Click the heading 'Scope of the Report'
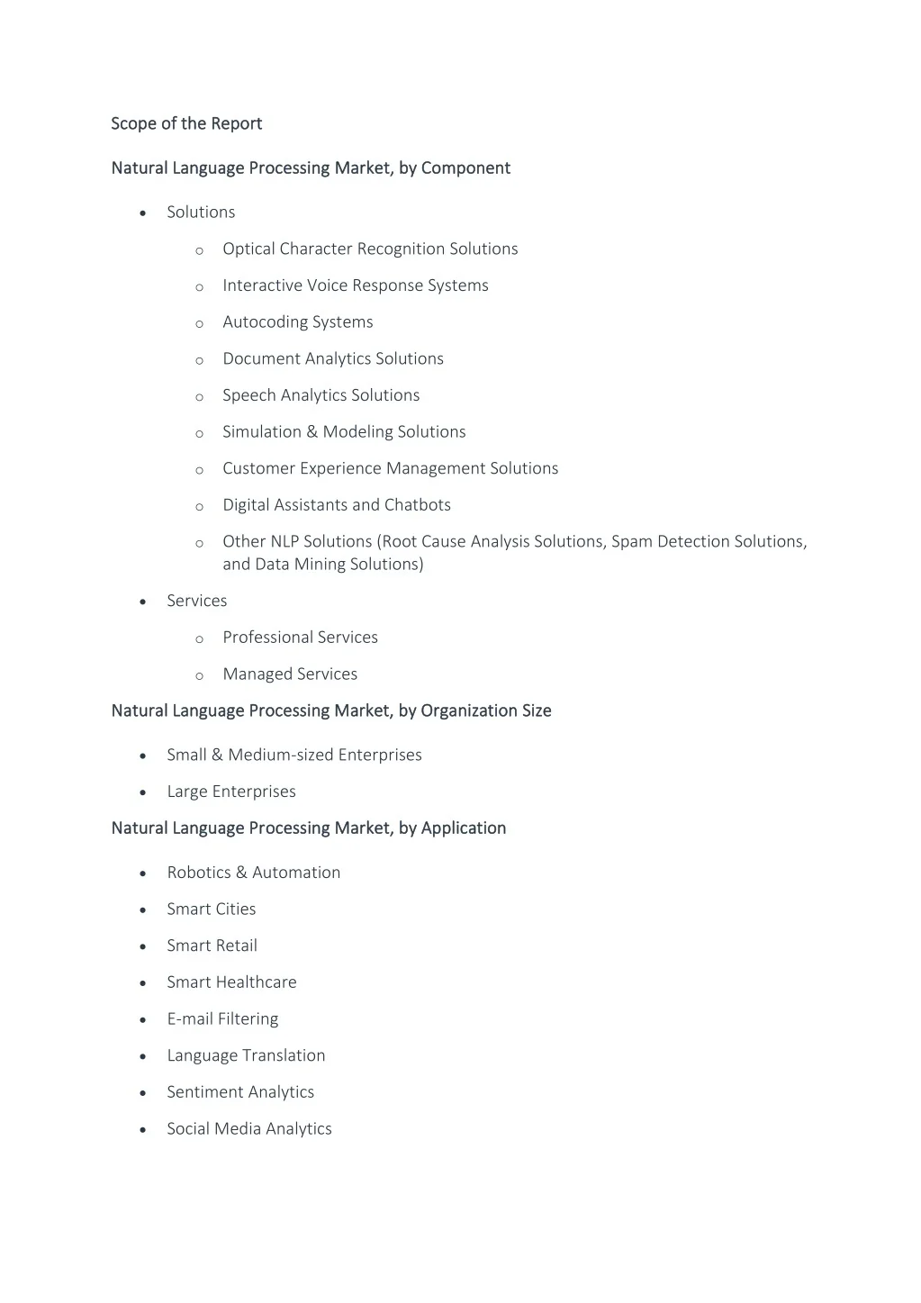click(x=186, y=123)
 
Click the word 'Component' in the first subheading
click(x=465, y=168)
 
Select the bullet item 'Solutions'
click(x=201, y=213)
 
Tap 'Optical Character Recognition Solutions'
click(x=370, y=249)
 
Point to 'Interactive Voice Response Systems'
click(x=356, y=285)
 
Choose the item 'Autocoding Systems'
click(x=298, y=322)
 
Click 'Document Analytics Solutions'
click(x=333, y=358)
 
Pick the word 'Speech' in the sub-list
click(x=249, y=395)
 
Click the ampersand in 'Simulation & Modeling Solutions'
click(x=312, y=432)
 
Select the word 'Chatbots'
click(x=418, y=505)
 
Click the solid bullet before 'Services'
click(x=143, y=602)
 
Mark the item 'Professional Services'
click(x=300, y=638)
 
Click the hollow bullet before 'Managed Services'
click(x=199, y=675)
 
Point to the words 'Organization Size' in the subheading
click(x=486, y=710)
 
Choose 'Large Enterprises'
click(x=231, y=792)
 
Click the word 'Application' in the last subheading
click(x=464, y=828)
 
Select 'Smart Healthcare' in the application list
click(x=231, y=982)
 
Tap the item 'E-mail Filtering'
click(x=222, y=1019)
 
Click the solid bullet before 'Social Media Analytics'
click(x=143, y=1130)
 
